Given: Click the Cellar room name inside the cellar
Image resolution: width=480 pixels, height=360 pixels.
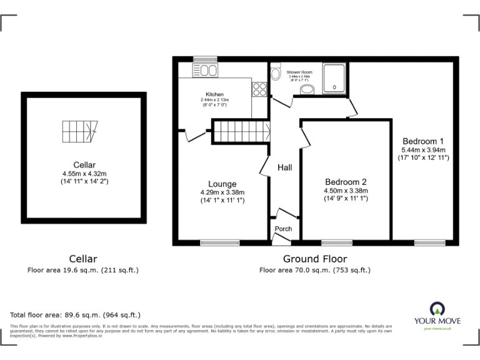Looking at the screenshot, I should (83, 166).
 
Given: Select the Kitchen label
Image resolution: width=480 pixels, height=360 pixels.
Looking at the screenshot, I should (206, 94).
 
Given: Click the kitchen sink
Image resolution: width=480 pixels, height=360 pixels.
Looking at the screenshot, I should (204, 70).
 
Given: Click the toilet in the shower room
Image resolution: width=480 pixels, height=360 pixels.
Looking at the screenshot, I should (276, 74).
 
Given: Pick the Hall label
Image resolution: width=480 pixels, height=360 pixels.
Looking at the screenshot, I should (285, 167).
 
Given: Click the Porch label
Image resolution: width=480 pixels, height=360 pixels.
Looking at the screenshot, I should (283, 229).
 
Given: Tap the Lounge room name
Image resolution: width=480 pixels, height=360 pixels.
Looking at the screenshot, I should (222, 184).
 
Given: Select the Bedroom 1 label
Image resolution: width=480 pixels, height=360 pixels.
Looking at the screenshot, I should (424, 141).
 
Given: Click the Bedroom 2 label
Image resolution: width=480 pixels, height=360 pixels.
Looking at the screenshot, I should (345, 181).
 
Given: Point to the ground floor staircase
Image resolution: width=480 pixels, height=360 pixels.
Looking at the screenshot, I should (241, 132).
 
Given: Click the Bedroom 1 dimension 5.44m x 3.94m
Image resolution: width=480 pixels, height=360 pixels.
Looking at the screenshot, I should (424, 150).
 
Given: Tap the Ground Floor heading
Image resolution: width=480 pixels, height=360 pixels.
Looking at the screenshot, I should (315, 259).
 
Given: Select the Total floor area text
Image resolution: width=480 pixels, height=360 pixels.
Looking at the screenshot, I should (76, 315).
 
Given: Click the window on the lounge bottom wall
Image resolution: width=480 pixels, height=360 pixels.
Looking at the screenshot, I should (219, 242).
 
